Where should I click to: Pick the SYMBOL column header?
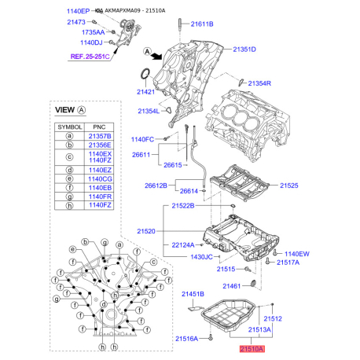click(70, 125)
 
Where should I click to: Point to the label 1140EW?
click(297, 254)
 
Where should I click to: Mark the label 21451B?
click(193, 294)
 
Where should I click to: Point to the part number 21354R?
click(259, 83)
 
